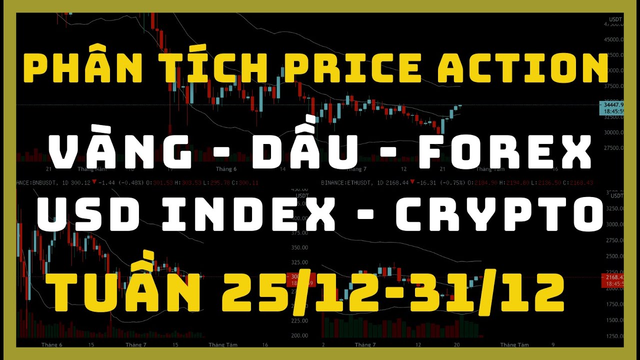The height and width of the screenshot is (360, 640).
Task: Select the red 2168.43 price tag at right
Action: tap(612, 277)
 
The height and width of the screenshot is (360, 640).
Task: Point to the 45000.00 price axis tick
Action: tap(614, 39)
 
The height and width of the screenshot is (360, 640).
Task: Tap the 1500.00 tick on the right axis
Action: tap(614, 320)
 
